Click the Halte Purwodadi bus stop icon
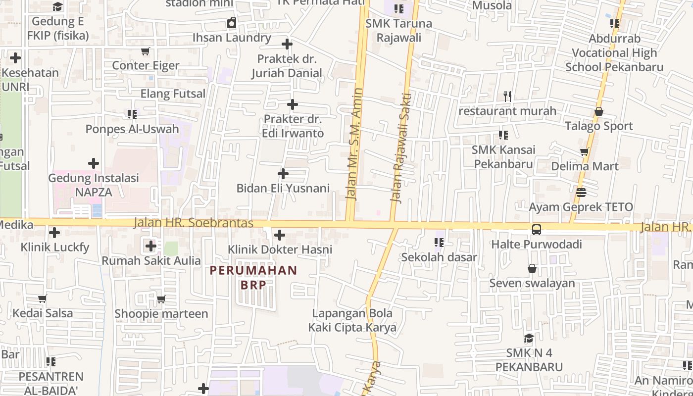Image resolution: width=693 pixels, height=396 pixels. coord(536,230)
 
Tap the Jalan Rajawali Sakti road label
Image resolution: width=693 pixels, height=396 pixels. coord(401,148)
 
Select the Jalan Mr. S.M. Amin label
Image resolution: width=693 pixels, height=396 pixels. coord(355,144)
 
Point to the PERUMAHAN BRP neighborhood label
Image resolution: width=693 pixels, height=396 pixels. coord(253,277)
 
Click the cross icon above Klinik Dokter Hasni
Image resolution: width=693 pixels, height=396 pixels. coord(280,235)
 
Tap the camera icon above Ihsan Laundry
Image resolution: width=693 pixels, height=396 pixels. coord(232,23)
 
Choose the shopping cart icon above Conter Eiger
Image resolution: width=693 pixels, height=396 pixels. coord(146,51)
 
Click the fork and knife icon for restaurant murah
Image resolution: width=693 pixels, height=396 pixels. coord(507,97)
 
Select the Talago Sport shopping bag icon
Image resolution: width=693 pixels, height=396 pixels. coord(598,112)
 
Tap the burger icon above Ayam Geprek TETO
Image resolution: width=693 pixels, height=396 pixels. coord(581,192)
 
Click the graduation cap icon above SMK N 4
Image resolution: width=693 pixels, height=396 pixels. coord(529,339)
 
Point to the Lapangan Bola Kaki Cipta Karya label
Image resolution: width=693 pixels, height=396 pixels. coord(352,320)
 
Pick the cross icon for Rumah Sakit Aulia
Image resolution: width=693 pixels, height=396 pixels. coord(151,246)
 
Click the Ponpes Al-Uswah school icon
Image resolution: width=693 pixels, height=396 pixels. coord(132,115)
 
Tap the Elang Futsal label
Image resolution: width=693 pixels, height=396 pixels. coord(173,94)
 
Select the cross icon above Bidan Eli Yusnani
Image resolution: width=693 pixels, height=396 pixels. coord(283,174)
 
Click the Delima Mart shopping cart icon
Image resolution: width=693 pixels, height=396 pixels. coord(585,152)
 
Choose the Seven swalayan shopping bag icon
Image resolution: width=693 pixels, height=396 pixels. coord(532,269)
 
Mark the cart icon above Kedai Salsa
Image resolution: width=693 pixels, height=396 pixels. coord(43,299)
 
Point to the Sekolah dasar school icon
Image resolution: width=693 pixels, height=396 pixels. coord(439,243)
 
